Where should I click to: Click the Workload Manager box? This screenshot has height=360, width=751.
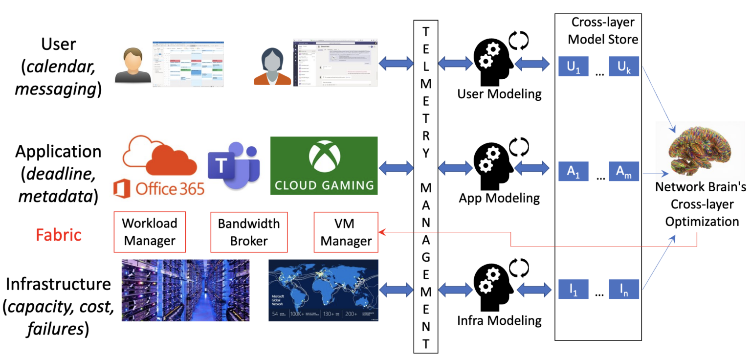[149, 232]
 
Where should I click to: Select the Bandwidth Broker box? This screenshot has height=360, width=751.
[249, 232]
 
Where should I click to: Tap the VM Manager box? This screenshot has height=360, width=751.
[346, 232]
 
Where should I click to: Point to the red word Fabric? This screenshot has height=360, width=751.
[58, 235]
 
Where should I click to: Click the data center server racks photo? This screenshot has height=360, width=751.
[185, 290]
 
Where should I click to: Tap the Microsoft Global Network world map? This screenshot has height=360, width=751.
[323, 290]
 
